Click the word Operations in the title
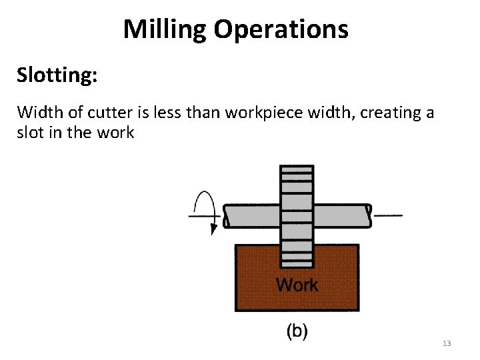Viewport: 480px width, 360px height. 284,29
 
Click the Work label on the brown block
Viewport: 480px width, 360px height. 297,285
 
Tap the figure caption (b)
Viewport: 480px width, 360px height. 297,332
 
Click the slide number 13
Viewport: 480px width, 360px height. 447,343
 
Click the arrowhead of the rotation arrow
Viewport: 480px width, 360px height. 214,229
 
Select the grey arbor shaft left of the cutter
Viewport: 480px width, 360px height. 251,215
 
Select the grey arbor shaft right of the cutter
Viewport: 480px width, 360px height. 340,215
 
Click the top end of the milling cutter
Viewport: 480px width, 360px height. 297,171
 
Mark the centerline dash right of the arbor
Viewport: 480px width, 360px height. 389,215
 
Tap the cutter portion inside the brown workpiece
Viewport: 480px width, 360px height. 297,256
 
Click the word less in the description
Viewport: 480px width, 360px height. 163,112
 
